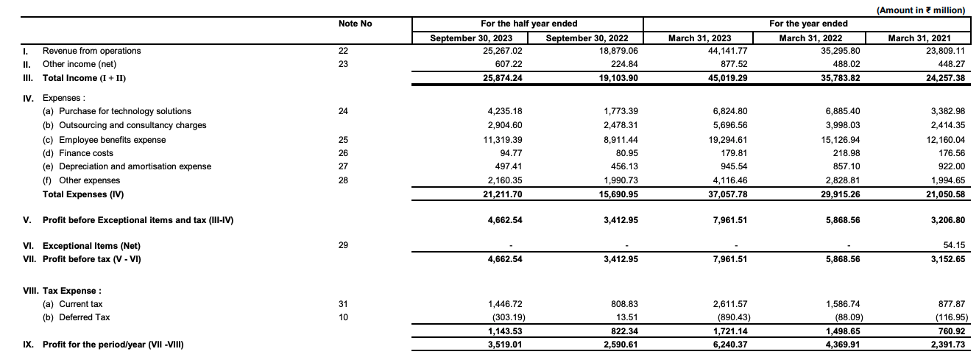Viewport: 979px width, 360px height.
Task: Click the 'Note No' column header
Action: tap(355, 24)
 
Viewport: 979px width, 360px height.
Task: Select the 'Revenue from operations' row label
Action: tap(91, 51)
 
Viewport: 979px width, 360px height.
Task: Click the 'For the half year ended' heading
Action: tap(529, 24)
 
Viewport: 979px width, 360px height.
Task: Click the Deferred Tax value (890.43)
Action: tap(711, 318)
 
